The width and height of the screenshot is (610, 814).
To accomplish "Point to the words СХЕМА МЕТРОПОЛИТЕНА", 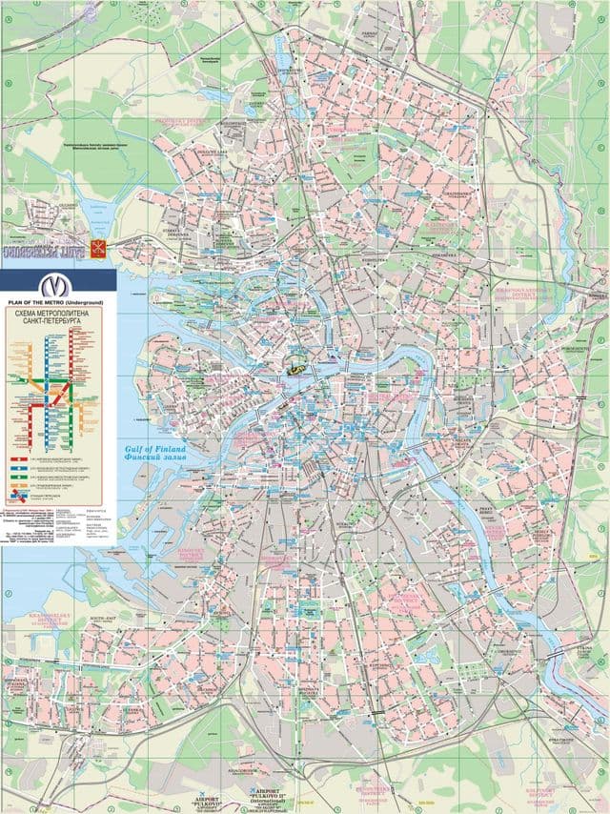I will click(55, 312).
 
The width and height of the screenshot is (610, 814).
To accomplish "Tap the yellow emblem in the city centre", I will click(297, 365).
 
